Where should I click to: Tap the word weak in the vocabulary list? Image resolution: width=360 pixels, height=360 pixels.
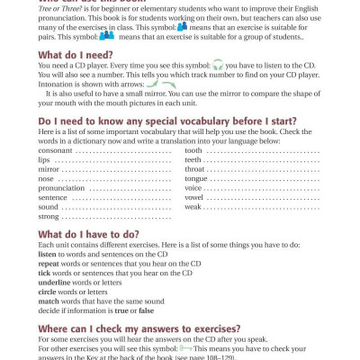click(193, 207)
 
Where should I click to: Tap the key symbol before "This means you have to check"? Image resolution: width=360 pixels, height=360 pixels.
click(185, 347)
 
